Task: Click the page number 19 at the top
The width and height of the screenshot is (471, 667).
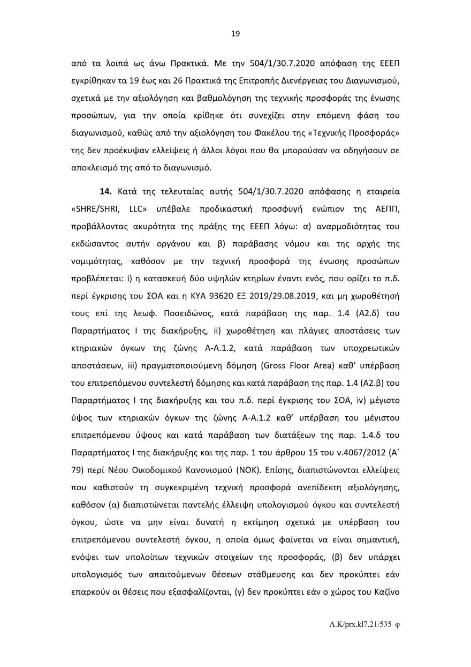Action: (x=236, y=34)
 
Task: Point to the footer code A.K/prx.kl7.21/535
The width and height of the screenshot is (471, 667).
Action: (x=362, y=625)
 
